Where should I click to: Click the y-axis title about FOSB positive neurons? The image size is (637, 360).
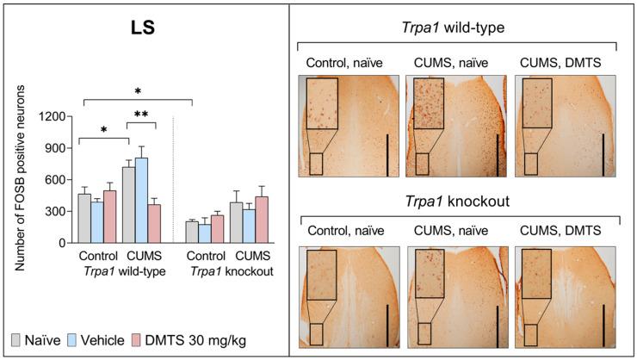pyautogui.click(x=16, y=179)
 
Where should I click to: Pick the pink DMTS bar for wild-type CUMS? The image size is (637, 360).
pyautogui.click(x=155, y=224)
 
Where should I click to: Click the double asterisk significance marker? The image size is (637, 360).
pyautogui.click(x=140, y=114)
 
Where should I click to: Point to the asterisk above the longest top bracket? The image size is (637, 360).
pyautogui.click(x=137, y=91)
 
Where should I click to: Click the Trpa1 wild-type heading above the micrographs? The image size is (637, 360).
pyautogui.click(x=457, y=27)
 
